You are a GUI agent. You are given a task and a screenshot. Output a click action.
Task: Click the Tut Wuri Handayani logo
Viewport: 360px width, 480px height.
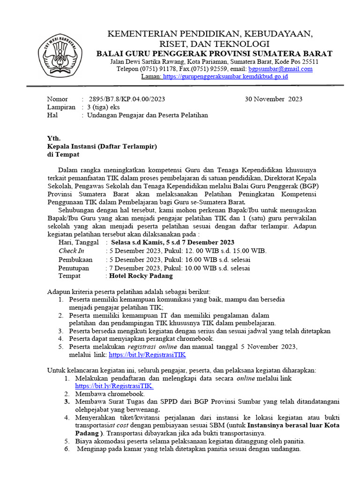point(60,55)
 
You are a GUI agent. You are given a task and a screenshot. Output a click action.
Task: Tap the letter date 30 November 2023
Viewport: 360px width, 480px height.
point(274,99)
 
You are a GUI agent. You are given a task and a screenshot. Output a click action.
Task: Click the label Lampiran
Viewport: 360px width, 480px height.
point(61,107)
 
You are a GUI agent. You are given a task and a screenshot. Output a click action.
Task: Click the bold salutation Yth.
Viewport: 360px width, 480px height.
point(54,138)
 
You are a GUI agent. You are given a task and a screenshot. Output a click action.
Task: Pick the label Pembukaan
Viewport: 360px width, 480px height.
point(75,259)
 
